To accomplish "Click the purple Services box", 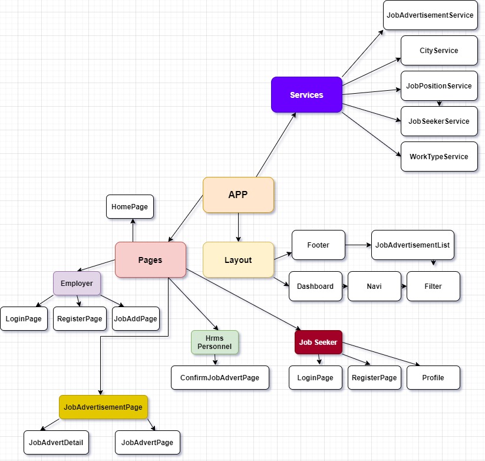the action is (x=306, y=95).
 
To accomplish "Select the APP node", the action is (x=238, y=195).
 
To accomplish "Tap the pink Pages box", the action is (x=150, y=259).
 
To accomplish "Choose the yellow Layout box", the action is (x=238, y=259).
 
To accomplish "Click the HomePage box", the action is (x=130, y=207).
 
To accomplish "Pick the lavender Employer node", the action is (x=77, y=283).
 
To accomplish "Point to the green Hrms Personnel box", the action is (x=215, y=342).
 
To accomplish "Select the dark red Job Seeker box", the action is (x=318, y=342).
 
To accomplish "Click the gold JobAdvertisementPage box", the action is (x=103, y=407).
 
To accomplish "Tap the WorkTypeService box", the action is (x=439, y=157).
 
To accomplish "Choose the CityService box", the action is (x=439, y=51).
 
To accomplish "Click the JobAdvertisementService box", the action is (x=430, y=15).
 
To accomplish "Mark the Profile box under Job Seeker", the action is (x=433, y=377).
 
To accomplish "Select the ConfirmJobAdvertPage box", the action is (x=220, y=377).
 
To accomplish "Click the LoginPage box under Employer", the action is (x=24, y=319).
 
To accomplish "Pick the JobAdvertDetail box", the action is (x=56, y=443).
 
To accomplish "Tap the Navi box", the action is (x=374, y=286).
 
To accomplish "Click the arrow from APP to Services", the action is (x=276, y=145).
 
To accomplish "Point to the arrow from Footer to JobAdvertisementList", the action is (x=358, y=245).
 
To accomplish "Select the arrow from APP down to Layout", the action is (x=238, y=228).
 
